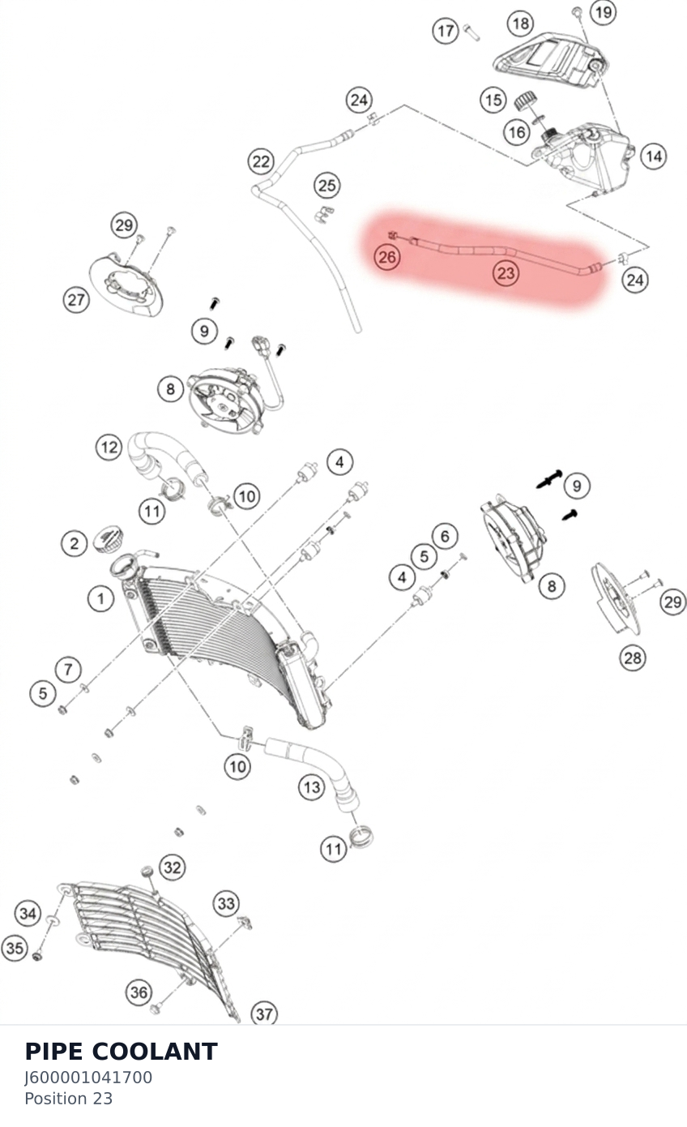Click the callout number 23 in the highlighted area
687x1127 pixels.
coord(506,273)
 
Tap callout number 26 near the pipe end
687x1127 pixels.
coord(387,257)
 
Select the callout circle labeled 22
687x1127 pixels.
coord(261,162)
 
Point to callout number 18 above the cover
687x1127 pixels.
coord(521,24)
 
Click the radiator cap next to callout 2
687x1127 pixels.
coord(108,539)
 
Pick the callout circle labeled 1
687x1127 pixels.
coord(100,598)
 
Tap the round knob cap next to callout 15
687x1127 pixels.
coord(527,100)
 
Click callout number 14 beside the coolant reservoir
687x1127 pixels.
coord(653,156)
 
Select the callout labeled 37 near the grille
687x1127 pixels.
coord(264,1013)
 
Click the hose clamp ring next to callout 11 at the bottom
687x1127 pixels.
coord(361,837)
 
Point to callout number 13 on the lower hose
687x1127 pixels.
coord(312,786)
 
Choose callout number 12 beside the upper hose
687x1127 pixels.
coord(109,448)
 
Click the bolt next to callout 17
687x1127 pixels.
coord(471,32)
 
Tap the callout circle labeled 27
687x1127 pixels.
coord(76,300)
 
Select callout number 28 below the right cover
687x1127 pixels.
coord(632,658)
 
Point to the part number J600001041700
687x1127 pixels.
coord(88,1078)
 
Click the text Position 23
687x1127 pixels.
coord(69,1099)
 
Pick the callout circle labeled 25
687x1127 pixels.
coord(327,185)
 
